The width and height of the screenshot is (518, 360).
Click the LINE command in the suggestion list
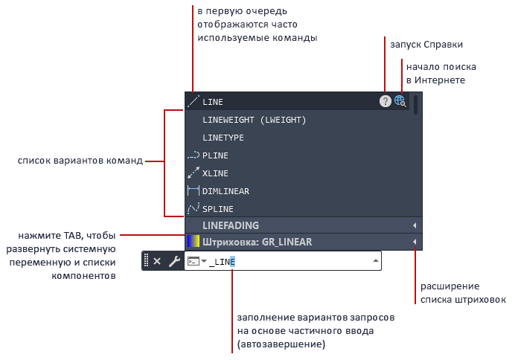(x=213, y=102)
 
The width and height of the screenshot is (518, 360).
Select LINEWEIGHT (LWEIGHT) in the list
(x=254, y=120)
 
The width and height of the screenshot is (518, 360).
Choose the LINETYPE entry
(x=223, y=138)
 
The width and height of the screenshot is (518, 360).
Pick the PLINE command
(x=215, y=155)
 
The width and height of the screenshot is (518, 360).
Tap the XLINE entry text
(x=215, y=173)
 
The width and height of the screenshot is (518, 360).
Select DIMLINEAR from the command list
(x=226, y=191)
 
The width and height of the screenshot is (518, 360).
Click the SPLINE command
(x=218, y=209)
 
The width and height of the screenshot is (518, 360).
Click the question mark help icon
(x=385, y=102)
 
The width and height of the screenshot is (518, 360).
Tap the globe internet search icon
(x=400, y=101)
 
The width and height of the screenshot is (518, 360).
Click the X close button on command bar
(x=157, y=261)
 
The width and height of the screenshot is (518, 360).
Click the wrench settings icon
(x=174, y=261)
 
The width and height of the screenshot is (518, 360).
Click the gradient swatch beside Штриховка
(x=193, y=242)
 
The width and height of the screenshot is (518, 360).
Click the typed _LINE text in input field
(x=223, y=262)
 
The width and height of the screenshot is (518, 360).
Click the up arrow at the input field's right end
(x=374, y=261)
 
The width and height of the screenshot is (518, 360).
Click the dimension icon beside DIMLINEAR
(x=193, y=191)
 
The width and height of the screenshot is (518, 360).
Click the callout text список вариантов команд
(x=81, y=161)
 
